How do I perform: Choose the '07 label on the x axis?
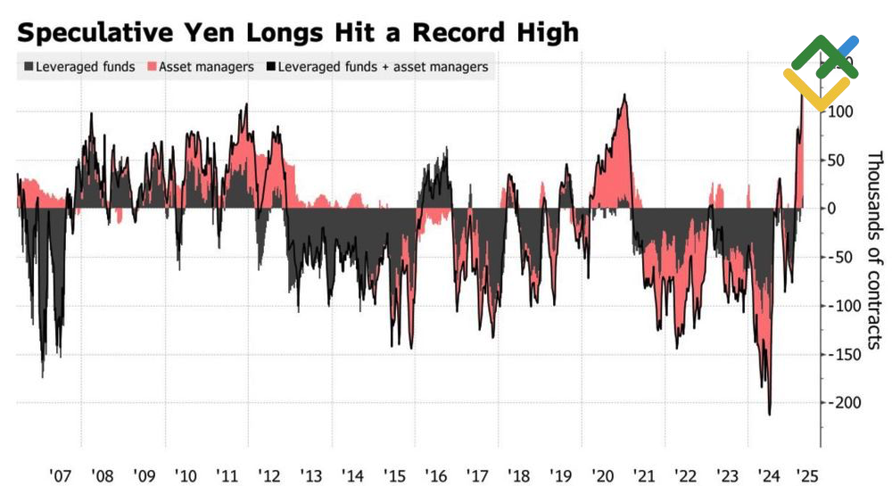click(60, 474)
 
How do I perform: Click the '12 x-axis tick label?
click(268, 474)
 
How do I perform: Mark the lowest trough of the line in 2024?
click(769, 414)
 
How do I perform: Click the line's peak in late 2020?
click(624, 95)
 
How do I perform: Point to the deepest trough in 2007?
click(42, 376)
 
